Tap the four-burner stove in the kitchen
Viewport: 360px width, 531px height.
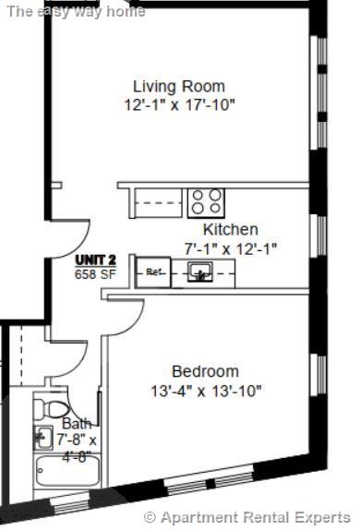(206, 200)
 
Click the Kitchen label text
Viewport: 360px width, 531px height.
(231, 229)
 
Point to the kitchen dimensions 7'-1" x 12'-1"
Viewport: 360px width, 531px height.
(231, 247)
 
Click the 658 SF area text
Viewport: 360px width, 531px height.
(96, 273)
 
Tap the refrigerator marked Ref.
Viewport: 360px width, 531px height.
(154, 272)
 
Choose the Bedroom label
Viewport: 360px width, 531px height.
(205, 371)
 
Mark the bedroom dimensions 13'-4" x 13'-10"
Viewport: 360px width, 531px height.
(205, 391)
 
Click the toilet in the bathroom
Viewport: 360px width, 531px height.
(54, 407)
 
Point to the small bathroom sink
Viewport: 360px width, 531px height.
(42, 437)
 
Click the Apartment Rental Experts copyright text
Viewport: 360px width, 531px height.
(247, 517)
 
